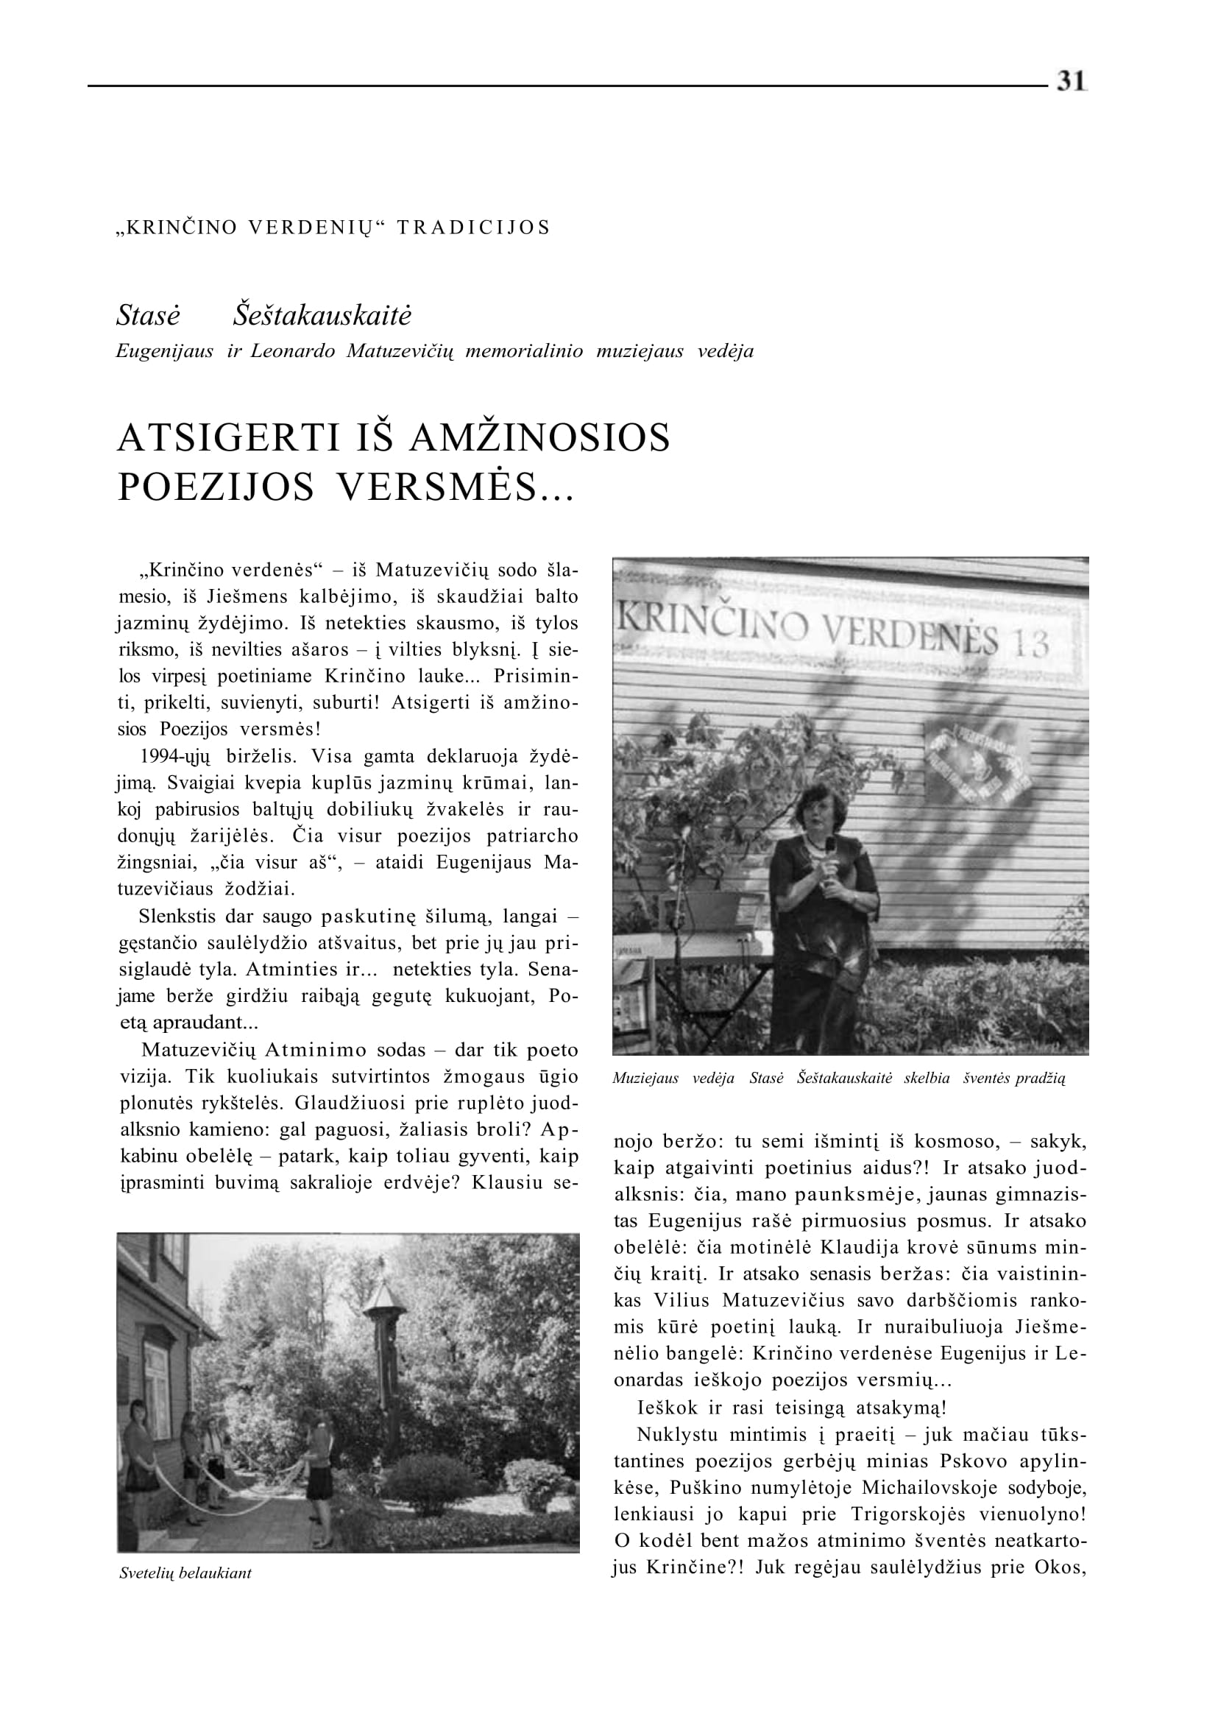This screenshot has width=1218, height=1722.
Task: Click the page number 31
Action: coord(1072,81)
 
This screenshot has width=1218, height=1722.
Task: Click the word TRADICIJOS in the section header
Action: coord(473,227)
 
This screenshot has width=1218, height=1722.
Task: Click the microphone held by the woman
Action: coord(830,847)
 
